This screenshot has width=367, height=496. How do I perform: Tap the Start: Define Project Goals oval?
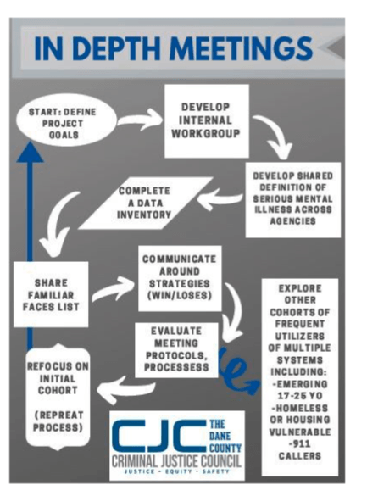click(65, 120)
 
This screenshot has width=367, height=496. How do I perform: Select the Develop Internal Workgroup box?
click(207, 121)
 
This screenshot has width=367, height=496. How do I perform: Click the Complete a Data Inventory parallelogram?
click(145, 203)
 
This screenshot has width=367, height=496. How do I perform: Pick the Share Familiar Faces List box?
click(51, 294)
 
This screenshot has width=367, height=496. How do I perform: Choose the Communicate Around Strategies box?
click(180, 278)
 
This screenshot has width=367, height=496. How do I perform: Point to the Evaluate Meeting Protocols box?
click(176, 349)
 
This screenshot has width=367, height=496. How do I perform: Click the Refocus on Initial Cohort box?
click(58, 397)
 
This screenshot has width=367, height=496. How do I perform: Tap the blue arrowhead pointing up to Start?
click(30, 153)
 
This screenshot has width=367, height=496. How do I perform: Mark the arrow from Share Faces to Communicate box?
click(114, 288)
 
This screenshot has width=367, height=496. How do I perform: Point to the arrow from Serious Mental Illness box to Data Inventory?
click(220, 199)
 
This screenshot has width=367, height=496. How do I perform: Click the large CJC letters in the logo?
click(159, 436)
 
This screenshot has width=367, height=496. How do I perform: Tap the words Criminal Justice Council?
click(176, 461)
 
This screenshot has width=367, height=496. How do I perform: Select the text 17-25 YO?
click(300, 396)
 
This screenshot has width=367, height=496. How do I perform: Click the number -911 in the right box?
click(299, 443)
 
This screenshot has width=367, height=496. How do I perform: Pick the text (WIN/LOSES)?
click(180, 295)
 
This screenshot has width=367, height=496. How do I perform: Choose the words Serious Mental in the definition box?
click(292, 198)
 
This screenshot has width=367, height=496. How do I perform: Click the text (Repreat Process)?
click(58, 421)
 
